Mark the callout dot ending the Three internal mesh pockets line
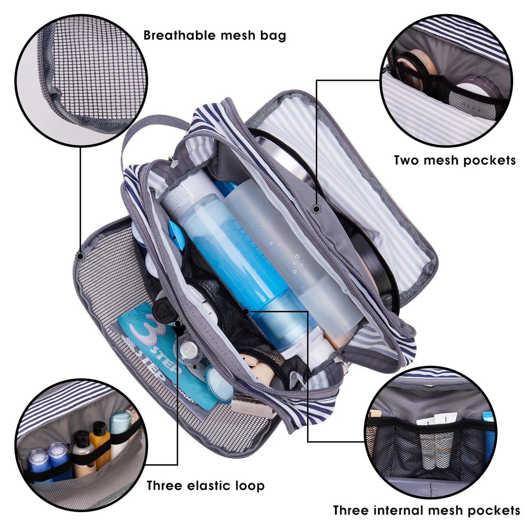[x=246, y=311]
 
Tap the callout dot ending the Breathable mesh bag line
[x=80, y=256]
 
